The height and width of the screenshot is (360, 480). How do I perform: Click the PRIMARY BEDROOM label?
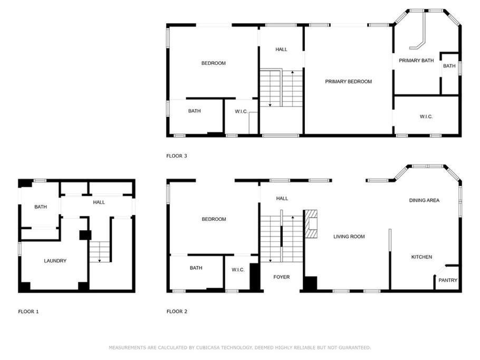[348, 81]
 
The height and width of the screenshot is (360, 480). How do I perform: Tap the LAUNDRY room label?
[55, 261]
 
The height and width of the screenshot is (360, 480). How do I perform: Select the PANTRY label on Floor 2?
[448, 280]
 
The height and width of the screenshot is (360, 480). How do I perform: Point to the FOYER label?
[281, 277]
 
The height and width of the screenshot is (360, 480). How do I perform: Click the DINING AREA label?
[424, 200]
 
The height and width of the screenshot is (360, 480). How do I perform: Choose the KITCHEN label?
[421, 257]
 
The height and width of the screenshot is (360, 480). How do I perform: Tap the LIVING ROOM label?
[349, 237]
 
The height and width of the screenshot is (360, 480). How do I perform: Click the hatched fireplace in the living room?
[311, 224]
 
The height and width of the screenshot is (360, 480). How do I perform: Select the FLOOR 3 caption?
[177, 156]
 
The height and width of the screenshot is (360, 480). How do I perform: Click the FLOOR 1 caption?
[28, 312]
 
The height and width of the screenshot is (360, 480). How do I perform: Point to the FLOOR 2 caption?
[177, 312]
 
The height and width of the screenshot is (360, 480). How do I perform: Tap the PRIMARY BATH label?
[416, 61]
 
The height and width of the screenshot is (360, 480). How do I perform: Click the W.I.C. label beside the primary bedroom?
[426, 116]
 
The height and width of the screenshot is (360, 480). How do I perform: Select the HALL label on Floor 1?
[99, 202]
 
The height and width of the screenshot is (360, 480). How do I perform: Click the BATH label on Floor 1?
[41, 207]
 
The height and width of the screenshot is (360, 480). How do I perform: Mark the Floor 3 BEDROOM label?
[214, 63]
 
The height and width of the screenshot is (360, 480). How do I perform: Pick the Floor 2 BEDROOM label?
[214, 219]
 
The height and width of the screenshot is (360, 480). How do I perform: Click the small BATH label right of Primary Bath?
[449, 66]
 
